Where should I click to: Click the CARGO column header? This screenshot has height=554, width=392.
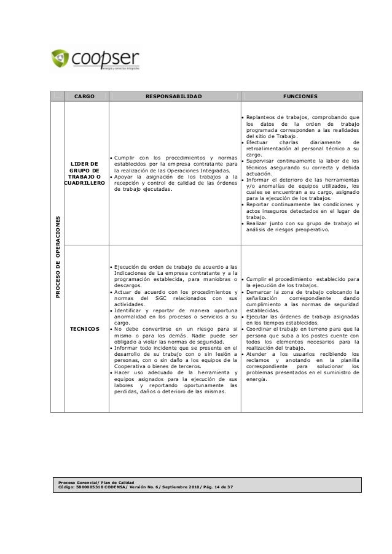tap(85, 96)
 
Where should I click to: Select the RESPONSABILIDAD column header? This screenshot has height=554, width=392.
tap(173, 96)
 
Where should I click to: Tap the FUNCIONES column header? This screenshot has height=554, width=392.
tap(300, 96)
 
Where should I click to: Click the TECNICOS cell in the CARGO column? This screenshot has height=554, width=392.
tap(85, 329)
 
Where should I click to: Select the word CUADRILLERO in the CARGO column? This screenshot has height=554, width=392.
tap(85, 183)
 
